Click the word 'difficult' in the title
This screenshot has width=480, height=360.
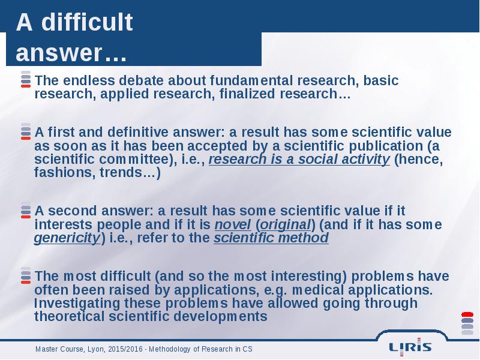[87, 22]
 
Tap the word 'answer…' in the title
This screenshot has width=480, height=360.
[71, 53]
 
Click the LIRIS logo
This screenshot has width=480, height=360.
[410, 347]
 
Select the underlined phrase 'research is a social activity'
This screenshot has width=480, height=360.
[299, 159]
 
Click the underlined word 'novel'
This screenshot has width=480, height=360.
[233, 224]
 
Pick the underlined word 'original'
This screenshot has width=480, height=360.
[286, 224]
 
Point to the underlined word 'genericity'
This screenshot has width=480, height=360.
[67, 238]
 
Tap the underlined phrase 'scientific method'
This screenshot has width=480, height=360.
[271, 238]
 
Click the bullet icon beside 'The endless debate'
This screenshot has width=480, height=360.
[26, 79]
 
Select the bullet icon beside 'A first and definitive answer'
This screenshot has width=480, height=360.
[26, 131]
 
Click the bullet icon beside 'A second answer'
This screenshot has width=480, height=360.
[26, 210]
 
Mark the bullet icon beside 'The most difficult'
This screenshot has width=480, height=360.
[26, 275]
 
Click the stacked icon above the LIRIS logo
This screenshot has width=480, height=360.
[467, 323]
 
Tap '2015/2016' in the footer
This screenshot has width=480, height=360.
[125, 349]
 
